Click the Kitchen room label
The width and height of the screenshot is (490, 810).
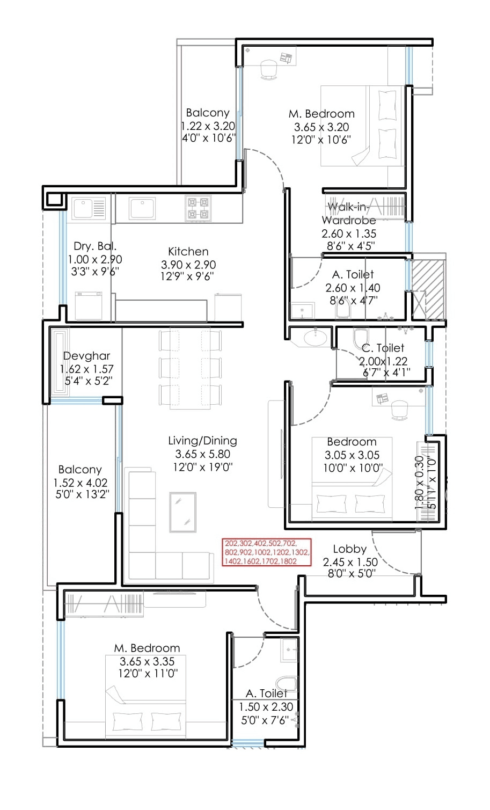(188, 251)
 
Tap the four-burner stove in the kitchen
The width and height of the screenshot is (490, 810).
(198, 208)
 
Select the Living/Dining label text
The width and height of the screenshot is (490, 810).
(202, 441)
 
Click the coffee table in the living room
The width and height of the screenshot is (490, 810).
(182, 512)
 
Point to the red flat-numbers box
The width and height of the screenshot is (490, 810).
(267, 552)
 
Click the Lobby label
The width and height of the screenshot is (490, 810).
(349, 549)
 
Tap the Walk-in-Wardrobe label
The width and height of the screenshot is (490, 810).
(349, 213)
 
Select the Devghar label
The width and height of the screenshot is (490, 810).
(86, 356)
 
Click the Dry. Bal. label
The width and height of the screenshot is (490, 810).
(94, 246)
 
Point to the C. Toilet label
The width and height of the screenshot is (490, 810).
(383, 348)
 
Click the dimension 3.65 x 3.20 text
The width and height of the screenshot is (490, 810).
(321, 127)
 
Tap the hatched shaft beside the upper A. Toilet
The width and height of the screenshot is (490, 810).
(428, 289)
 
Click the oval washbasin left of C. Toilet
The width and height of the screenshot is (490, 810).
(315, 338)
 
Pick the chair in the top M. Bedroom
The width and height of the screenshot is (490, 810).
(268, 69)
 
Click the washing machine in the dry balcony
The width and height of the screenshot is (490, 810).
(88, 305)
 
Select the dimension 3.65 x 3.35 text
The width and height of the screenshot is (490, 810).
(147, 661)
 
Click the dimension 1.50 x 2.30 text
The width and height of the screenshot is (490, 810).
(266, 707)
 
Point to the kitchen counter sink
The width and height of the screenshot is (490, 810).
(142, 208)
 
